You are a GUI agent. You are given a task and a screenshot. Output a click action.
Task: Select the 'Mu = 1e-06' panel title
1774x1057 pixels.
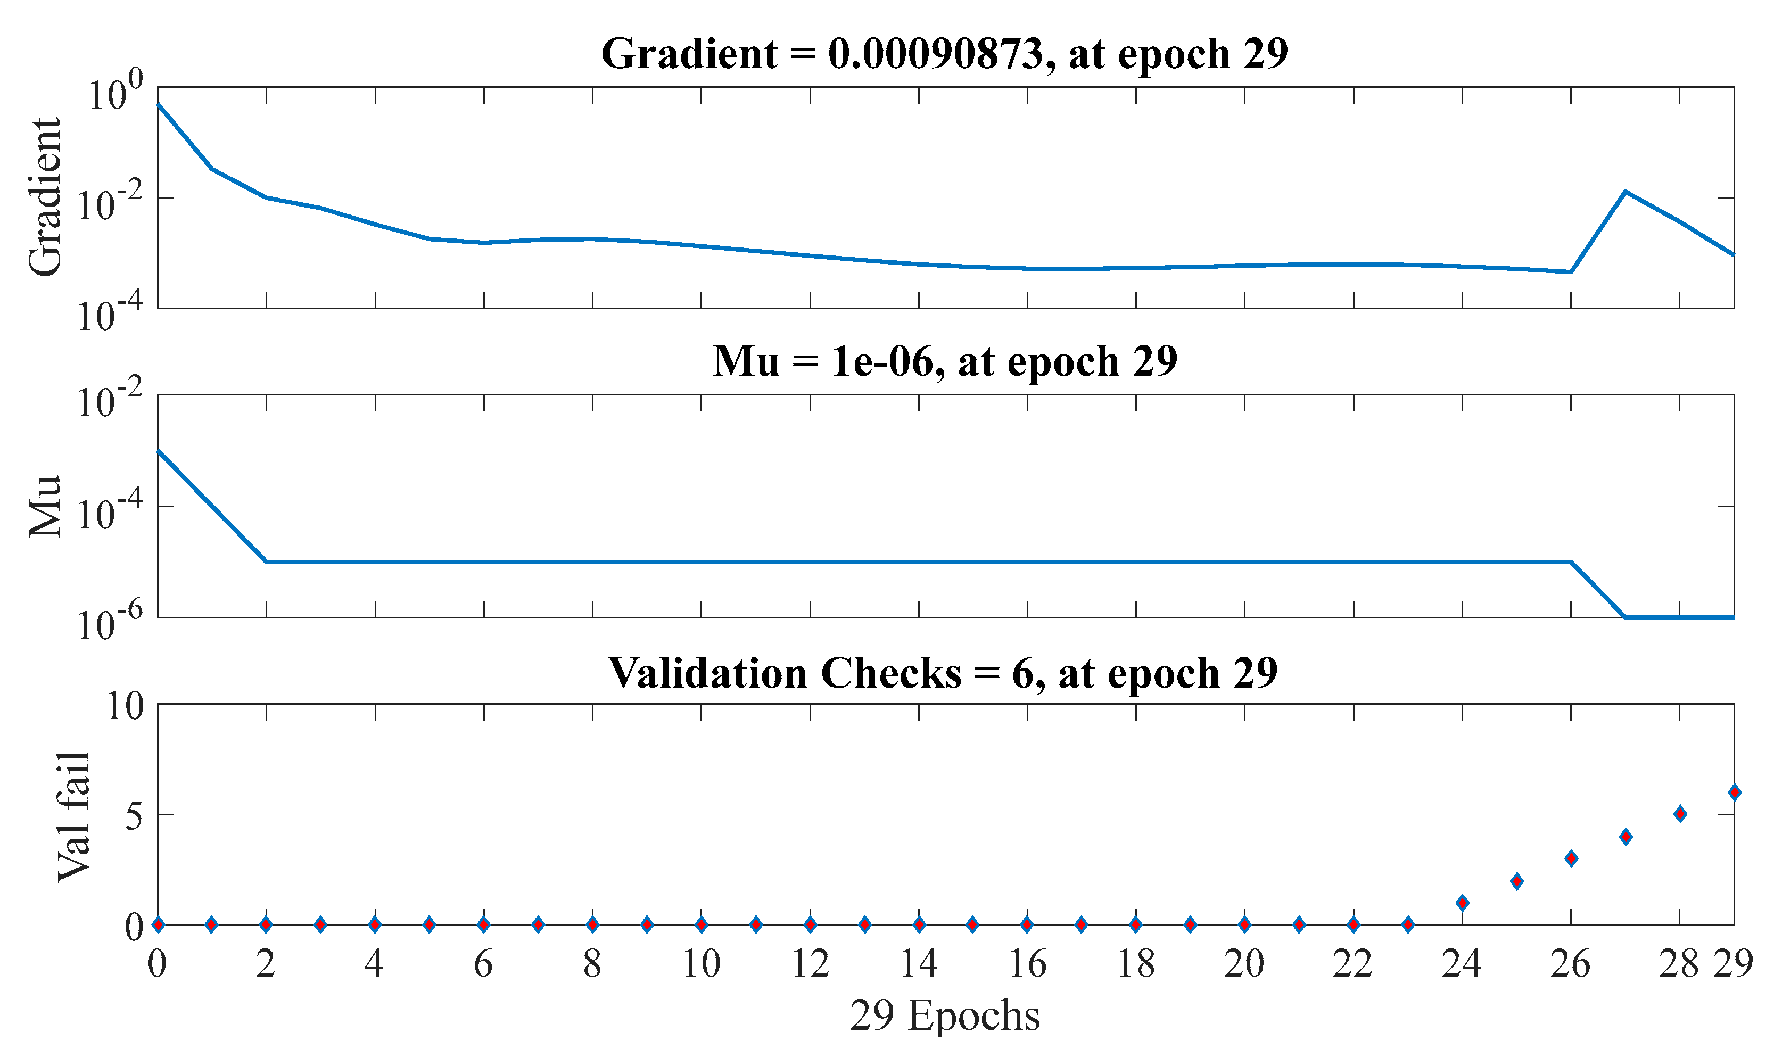pos(945,362)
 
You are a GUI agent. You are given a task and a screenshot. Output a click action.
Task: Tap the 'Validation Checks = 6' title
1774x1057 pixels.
pos(944,673)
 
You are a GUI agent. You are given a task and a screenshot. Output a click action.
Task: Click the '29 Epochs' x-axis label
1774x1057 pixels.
pos(945,1015)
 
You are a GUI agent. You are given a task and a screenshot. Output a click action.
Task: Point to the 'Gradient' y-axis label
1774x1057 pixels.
pos(44,197)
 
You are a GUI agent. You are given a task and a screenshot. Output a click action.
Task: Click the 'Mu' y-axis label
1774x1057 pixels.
pos(44,506)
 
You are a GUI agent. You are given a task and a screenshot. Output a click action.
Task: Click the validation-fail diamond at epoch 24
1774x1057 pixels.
pos(1463,903)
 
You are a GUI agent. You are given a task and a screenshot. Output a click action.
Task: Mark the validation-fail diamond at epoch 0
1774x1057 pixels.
pos(158,924)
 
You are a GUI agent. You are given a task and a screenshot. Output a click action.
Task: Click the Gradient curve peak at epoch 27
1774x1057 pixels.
pos(1625,192)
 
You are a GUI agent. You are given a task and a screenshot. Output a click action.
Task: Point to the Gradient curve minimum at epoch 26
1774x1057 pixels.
pos(1571,272)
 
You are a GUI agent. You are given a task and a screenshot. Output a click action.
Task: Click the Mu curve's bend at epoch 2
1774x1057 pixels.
pos(266,562)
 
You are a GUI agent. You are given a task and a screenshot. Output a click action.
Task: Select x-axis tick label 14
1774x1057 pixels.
pos(919,964)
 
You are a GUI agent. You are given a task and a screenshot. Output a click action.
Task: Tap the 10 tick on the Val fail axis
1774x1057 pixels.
pos(125,707)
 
